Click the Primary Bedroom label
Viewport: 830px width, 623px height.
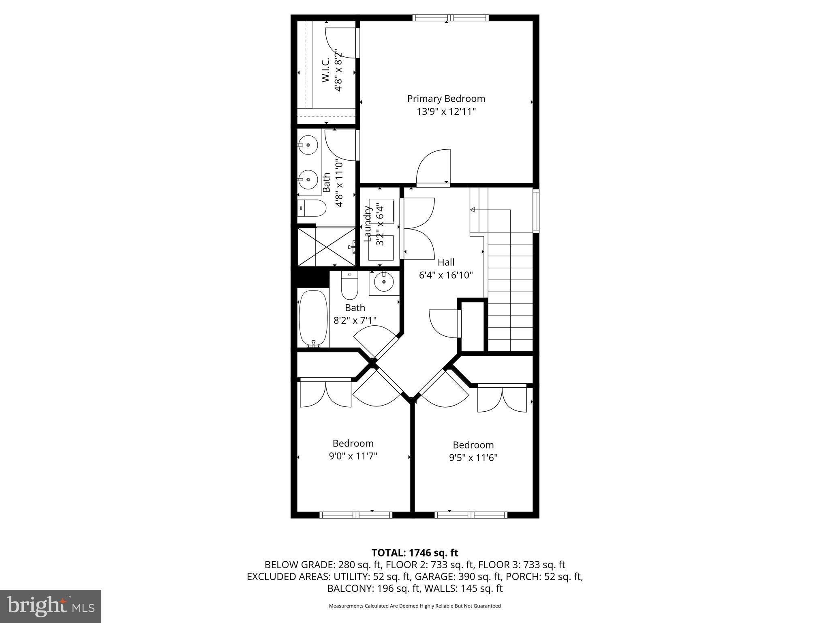tap(446, 99)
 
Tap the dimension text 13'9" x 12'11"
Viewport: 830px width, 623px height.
tap(446, 112)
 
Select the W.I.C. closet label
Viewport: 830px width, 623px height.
tap(326, 70)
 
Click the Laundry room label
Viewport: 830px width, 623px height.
tap(368, 224)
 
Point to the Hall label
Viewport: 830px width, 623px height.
tap(446, 262)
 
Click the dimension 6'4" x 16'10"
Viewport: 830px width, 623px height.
tap(446, 275)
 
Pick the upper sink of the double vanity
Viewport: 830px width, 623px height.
tap(308, 145)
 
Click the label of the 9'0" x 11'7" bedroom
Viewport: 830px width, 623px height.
tap(353, 443)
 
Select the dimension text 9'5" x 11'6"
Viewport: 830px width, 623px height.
tap(473, 458)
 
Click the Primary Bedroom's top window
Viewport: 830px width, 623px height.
tap(451, 17)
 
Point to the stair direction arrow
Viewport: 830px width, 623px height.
tap(473, 210)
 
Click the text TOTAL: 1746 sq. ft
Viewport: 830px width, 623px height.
tap(415, 553)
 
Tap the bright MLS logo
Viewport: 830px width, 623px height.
tap(51, 606)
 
